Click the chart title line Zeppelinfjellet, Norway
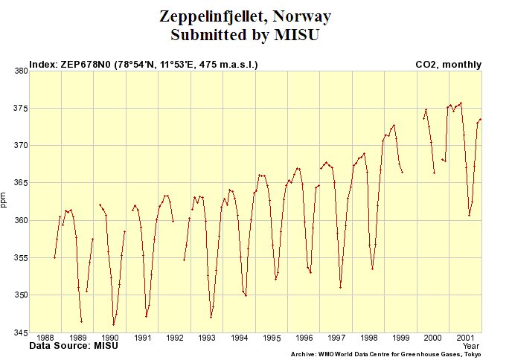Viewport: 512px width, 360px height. click(246, 16)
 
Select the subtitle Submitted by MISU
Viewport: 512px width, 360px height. click(246, 35)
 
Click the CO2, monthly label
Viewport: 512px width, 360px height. click(448, 65)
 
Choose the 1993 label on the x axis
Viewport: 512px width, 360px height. click(207, 338)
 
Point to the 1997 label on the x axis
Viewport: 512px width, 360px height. click(336, 338)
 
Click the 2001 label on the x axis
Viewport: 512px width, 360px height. click(466, 338)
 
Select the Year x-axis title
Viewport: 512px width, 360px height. click(471, 347)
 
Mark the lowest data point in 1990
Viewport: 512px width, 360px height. click(114, 324)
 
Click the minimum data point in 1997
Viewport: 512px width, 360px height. click(340, 287)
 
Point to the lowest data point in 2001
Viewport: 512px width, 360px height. click(469, 215)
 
